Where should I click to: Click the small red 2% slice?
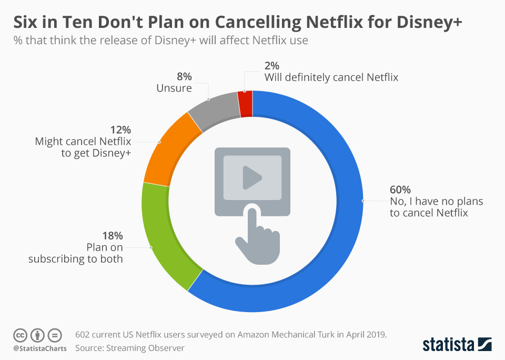coord(246,97)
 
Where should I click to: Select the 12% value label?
coord(121,129)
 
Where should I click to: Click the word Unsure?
coord(174,88)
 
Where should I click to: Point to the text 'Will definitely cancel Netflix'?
coord(331,77)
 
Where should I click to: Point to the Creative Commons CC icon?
coord(21,335)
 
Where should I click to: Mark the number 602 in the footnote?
coord(83,335)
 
